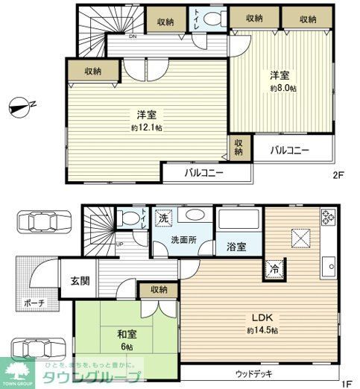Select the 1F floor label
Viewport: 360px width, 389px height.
point(346,383)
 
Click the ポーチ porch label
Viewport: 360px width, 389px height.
point(33,303)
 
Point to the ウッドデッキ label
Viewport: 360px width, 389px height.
point(255,373)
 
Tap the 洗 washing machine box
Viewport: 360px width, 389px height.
point(163,219)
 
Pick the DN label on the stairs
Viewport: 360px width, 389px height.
point(112,37)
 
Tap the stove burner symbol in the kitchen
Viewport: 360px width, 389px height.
point(326,218)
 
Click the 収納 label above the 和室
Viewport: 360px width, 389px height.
point(158,289)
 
